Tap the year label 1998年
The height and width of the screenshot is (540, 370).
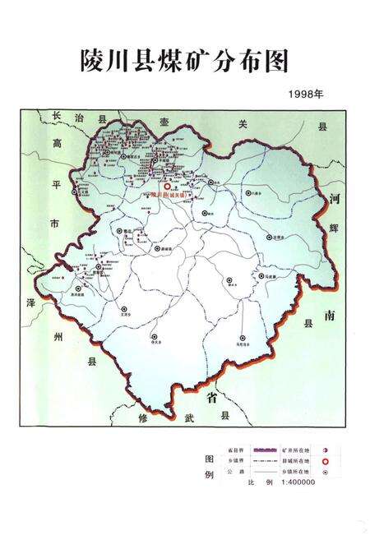(307, 94)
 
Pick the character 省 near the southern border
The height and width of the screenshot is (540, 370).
(211, 399)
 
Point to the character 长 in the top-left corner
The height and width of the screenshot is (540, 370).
(56, 116)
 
